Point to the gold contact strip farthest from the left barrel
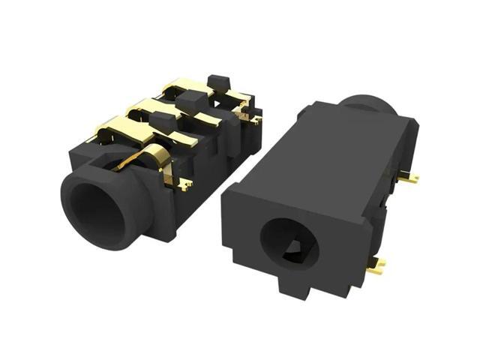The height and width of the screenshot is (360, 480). coord(187,88)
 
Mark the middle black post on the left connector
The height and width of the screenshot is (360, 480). coord(190,100)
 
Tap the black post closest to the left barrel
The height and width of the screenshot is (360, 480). coord(161,121)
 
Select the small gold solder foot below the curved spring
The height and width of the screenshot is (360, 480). coord(182,183)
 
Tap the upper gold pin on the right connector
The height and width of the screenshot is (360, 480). coord(409,178)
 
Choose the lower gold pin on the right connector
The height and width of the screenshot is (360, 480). coord(376,264)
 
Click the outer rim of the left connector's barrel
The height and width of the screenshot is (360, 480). coord(71,214)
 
